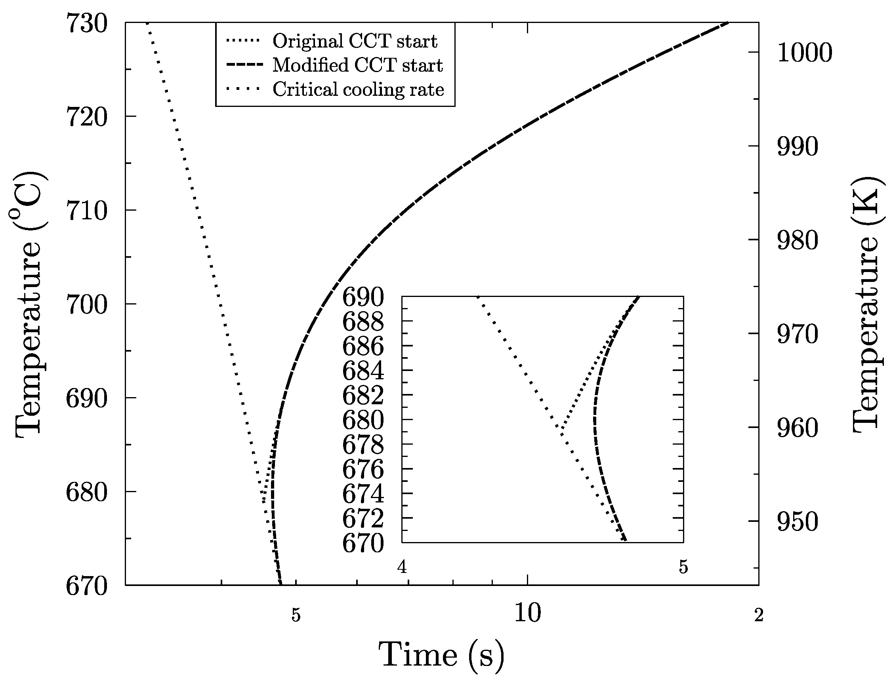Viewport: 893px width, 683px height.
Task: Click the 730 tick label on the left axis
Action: (86, 24)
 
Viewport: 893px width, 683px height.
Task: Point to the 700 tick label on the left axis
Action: (86, 305)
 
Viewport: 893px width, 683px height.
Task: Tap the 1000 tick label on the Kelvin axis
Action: (804, 53)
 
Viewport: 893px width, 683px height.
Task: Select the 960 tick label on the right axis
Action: (797, 429)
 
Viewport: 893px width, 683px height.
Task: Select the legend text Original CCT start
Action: (355, 41)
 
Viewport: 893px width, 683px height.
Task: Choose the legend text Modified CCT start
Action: (358, 65)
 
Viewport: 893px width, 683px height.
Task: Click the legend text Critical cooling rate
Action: (358, 89)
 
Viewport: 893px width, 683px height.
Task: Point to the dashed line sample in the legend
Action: (243, 65)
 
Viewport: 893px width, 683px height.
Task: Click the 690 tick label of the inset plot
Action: (363, 298)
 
